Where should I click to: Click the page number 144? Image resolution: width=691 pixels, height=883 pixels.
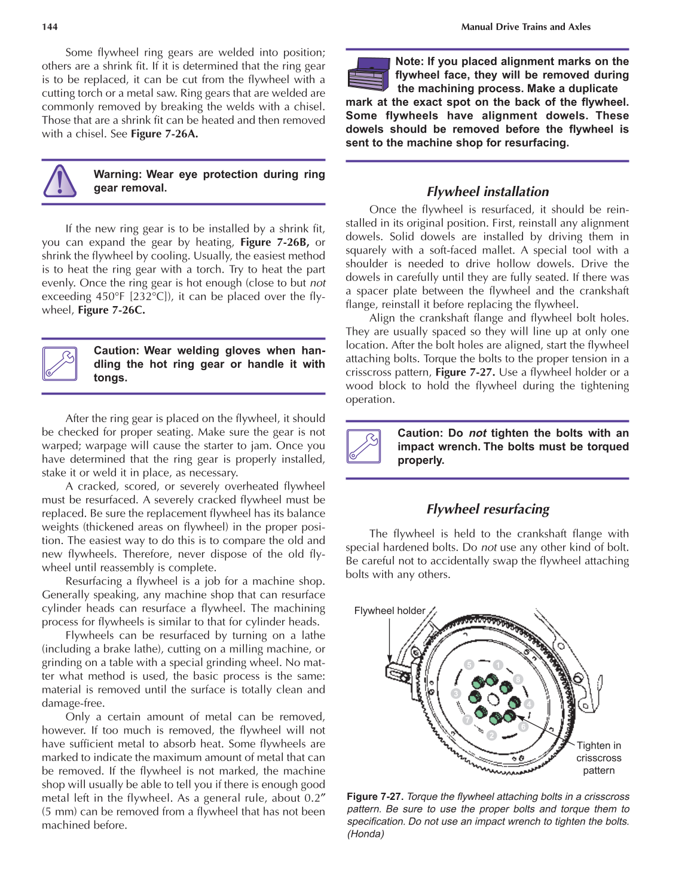click(50, 27)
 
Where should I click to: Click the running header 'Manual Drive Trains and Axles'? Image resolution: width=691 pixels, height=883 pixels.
click(525, 27)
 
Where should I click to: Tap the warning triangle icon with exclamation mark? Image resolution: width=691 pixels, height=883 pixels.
click(60, 181)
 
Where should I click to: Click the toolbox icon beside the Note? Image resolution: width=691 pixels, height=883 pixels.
click(368, 74)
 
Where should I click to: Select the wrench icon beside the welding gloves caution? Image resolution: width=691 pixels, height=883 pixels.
click(60, 363)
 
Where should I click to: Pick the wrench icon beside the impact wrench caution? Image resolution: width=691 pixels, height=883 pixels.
click(363, 446)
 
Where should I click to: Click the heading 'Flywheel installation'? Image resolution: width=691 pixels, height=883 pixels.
click(487, 191)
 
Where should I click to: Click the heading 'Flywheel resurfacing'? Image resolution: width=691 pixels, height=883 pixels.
click(487, 509)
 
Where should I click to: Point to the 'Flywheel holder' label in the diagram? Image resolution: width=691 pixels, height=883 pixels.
click(389, 610)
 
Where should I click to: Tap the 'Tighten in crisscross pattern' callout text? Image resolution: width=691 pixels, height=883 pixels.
click(598, 757)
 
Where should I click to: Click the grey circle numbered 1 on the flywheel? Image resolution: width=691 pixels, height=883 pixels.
click(498, 665)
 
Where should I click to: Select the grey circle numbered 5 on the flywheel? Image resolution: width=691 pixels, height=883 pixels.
click(469, 665)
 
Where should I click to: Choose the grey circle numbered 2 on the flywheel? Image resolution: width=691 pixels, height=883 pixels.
click(491, 735)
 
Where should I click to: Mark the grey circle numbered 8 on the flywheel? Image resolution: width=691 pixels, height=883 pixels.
click(518, 679)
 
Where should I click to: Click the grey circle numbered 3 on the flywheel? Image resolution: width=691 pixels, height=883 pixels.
click(456, 693)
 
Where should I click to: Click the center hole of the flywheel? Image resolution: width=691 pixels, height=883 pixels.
click(493, 699)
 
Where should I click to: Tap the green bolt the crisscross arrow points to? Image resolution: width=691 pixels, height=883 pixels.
click(509, 716)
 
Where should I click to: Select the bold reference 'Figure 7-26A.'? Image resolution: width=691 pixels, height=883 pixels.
click(164, 134)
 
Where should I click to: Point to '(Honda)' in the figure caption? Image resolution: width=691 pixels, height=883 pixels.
click(365, 834)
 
